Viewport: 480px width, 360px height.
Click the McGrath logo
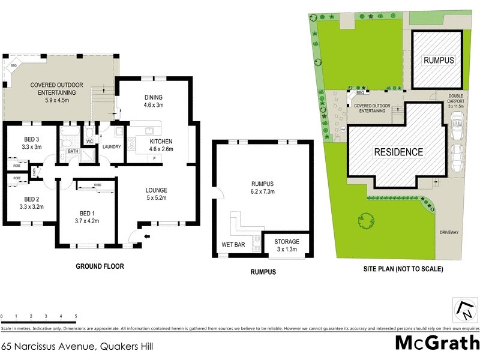[x=437, y=343]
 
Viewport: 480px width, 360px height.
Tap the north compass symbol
[x=466, y=310]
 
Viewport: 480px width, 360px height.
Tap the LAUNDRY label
[x=112, y=147]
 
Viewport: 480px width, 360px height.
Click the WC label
[x=89, y=142]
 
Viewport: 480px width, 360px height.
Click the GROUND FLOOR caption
[x=100, y=266]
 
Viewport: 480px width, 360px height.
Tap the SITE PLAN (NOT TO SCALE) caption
[x=404, y=269]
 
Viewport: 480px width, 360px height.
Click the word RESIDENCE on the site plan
[x=398, y=152]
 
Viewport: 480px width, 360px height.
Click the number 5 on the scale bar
[x=76, y=316]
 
